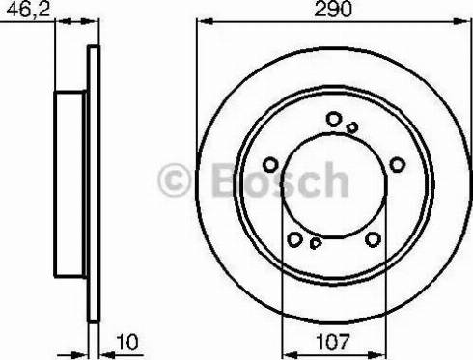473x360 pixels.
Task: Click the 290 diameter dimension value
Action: [333, 9]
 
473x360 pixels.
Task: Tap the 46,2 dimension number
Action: [29, 9]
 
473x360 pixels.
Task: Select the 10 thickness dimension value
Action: [127, 342]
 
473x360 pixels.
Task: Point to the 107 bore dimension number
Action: [333, 342]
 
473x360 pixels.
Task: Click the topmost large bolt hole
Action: [334, 119]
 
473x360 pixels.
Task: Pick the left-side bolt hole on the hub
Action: [270, 165]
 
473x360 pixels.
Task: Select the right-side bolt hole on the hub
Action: [398, 165]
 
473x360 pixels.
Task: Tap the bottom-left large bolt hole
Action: [294, 239]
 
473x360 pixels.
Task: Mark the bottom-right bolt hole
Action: [373, 239]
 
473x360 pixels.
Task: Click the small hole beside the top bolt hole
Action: [352, 127]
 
